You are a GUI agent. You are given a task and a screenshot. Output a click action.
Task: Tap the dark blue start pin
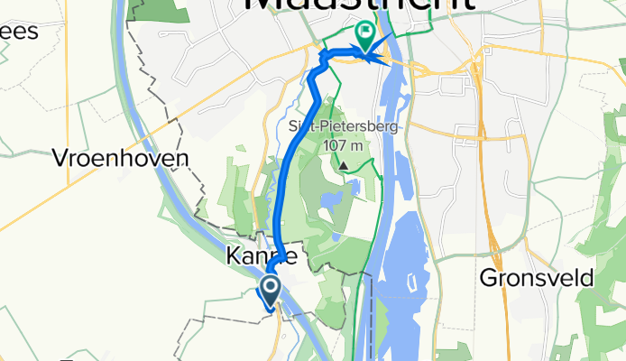269,291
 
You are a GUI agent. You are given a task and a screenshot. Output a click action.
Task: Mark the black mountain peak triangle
343,165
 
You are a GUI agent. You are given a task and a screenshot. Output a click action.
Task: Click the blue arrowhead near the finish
386,61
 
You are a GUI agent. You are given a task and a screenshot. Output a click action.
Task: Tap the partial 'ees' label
18,32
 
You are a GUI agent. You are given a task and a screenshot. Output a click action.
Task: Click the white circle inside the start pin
269,287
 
